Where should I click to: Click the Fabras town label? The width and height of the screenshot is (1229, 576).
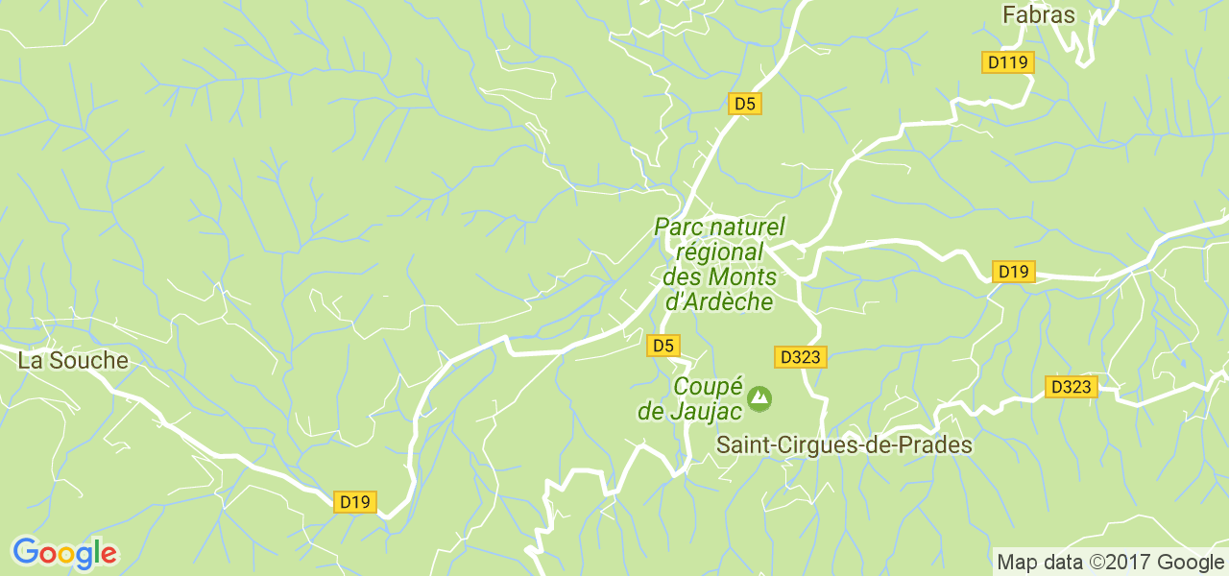[1039, 14]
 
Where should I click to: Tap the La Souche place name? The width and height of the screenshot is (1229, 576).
[73, 361]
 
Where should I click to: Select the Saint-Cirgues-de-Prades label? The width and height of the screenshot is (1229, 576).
[845, 445]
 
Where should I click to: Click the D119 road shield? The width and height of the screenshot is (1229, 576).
[1008, 63]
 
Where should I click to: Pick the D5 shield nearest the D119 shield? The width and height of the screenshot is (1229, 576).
[744, 104]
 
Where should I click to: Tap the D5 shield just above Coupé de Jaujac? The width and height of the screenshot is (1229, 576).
[663, 346]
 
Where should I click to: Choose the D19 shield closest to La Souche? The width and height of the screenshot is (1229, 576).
[355, 501]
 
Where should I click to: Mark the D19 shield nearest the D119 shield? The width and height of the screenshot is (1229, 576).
[1013, 272]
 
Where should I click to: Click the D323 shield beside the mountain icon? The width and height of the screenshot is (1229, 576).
[800, 357]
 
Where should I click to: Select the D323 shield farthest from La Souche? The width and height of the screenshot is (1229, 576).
[1071, 387]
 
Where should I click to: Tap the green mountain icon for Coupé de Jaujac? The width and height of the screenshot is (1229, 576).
[759, 396]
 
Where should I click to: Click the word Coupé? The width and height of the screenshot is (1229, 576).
[708, 387]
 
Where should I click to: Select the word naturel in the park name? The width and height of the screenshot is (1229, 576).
[749, 228]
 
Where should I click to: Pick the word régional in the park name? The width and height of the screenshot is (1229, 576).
[720, 252]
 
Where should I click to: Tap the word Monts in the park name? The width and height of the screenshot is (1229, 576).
[741, 276]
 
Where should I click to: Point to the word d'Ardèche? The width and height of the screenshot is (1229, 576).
[719, 300]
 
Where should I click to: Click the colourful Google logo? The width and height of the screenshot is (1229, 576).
[64, 553]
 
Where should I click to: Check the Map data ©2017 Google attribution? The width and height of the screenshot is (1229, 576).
[1109, 563]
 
